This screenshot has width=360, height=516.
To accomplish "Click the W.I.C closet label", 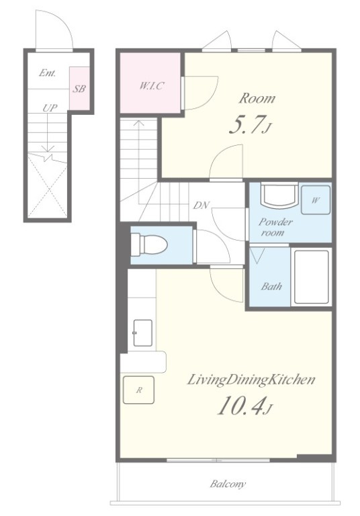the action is [152, 86].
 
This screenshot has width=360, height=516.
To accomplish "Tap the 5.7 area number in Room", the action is [246, 126].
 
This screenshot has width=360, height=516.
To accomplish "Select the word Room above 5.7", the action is [257, 98].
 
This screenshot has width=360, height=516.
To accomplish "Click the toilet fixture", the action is [149, 244].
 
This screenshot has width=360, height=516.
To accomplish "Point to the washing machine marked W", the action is [316, 200].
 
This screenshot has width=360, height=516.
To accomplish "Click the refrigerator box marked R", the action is [138, 390].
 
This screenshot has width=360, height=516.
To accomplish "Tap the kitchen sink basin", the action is [142, 333].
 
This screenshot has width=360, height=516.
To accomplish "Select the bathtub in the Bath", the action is [311, 277].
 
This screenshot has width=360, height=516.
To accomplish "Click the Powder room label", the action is [275, 227].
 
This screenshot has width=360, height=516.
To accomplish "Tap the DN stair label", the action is [201, 206].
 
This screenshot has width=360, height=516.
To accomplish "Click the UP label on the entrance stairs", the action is [50, 107].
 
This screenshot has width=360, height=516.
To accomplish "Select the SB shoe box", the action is [79, 89].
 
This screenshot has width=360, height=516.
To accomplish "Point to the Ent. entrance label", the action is [48, 73].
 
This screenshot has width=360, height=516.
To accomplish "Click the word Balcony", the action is [228, 484].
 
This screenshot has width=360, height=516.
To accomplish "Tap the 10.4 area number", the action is [241, 406].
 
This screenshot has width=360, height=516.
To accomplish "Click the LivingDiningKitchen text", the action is [251, 380].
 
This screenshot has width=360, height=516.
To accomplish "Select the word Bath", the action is [271, 286].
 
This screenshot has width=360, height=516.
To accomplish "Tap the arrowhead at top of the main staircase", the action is [138, 123].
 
